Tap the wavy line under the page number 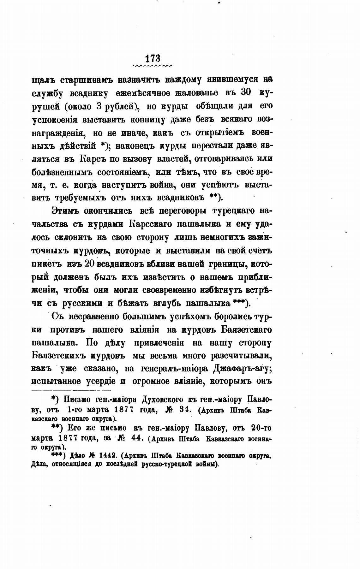pos(153,66)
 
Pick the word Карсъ pos(93,159)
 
